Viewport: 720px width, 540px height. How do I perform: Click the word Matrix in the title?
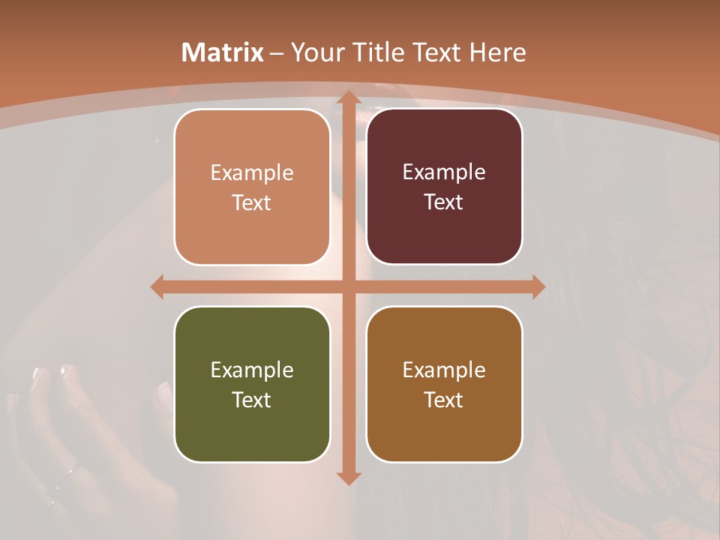coord(223,52)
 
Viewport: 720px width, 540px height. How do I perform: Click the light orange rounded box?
coord(252,187)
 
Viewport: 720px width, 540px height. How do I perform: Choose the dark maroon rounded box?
coord(444,187)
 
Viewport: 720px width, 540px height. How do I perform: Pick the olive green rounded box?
coord(252,385)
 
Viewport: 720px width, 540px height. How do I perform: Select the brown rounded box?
coord(444,385)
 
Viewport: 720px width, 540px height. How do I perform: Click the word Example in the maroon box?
coord(444,172)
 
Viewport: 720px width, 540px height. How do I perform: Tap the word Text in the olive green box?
coord(252,400)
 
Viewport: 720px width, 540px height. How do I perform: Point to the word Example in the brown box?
coord(444,370)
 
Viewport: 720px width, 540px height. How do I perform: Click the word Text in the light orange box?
coord(252,202)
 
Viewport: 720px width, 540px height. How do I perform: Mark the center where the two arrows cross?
coord(348,286)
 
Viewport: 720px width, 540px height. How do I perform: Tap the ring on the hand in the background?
coord(68,472)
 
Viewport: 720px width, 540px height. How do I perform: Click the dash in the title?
coord(277,53)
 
